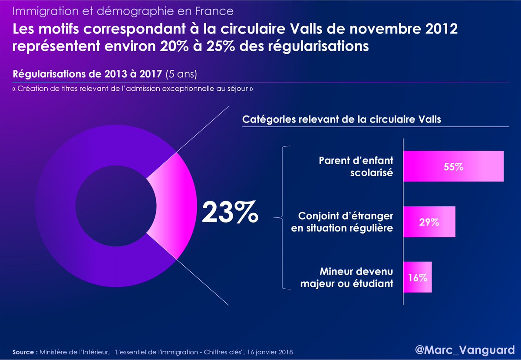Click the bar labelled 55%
pyautogui.click(x=453, y=166)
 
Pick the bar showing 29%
pyautogui.click(x=429, y=221)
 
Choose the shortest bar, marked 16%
pyautogui.click(x=417, y=277)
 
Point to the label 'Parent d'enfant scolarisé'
pyautogui.click(x=356, y=166)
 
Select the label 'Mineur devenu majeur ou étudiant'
pyautogui.click(x=356, y=278)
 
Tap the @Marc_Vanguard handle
pyautogui.click(x=464, y=348)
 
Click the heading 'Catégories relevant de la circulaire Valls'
pyautogui.click(x=341, y=119)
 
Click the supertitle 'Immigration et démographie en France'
pyautogui.click(x=123, y=10)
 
